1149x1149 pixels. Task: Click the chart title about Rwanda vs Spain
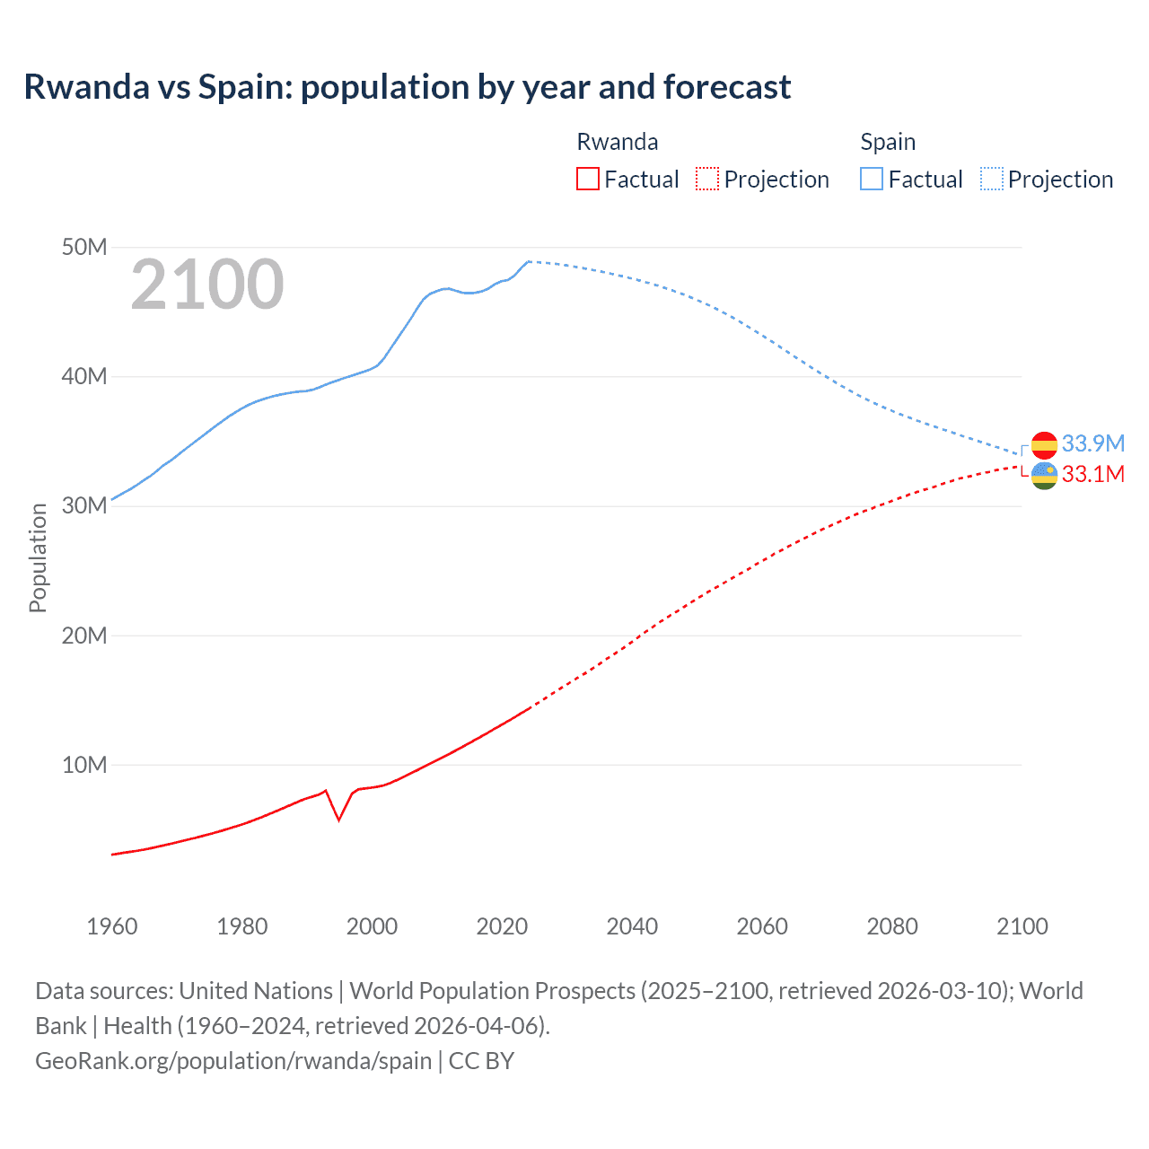tap(407, 87)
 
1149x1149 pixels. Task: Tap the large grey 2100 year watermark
tap(207, 285)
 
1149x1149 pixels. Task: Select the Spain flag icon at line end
tap(1044, 444)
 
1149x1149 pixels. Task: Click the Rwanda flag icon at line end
tap(1044, 475)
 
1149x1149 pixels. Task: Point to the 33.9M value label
tap(1092, 443)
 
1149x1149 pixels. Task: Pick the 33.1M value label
tap(1092, 474)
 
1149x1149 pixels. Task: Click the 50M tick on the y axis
tap(84, 247)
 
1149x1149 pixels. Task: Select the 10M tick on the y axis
tap(84, 765)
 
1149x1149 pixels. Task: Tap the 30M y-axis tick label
tap(84, 505)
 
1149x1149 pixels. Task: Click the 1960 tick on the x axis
tap(112, 926)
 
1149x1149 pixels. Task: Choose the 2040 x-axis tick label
tap(632, 926)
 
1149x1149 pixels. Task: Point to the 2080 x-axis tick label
tap(892, 926)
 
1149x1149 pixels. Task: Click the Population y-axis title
tap(38, 557)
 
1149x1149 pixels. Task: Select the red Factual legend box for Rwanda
tap(587, 179)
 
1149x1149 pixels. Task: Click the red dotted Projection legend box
tap(707, 179)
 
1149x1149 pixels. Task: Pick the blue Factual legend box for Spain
tap(871, 179)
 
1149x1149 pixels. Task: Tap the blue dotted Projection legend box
tap(992, 179)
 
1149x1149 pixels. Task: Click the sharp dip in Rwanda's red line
tap(338, 819)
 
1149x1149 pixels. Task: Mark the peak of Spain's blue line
tap(529, 261)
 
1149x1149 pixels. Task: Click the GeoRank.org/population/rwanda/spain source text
tap(233, 1060)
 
